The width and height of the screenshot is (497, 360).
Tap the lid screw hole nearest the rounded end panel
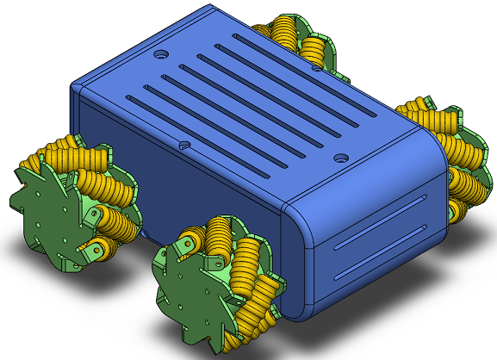pyautogui.click(x=342, y=158)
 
